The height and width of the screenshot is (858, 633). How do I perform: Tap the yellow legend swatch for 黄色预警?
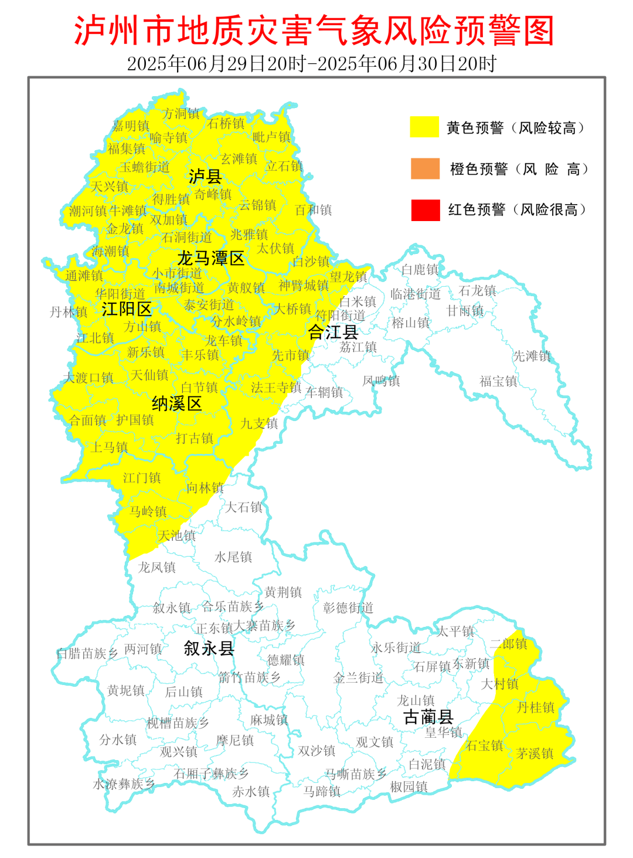tap(424, 127)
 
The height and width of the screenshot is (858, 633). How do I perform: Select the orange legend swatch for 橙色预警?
tap(425, 168)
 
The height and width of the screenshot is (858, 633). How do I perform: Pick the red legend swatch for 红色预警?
tap(425, 210)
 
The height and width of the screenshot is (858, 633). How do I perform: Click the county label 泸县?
tap(205, 176)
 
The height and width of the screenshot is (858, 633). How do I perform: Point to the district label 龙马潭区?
tap(210, 258)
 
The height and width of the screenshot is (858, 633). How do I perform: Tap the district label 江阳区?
tap(127, 309)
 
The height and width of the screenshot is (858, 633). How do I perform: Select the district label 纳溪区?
tap(176, 403)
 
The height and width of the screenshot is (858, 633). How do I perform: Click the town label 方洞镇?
tap(181, 114)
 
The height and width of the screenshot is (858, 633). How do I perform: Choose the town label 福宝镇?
tap(498, 381)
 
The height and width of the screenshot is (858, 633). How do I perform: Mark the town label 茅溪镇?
tap(535, 754)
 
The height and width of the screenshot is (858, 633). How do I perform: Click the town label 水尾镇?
tap(233, 557)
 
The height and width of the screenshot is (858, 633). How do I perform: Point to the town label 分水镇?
tap(118, 740)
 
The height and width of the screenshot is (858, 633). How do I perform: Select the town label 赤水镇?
tap(251, 791)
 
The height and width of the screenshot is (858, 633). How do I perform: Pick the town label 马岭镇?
tap(148, 511)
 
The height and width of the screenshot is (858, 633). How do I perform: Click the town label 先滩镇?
tap(531, 356)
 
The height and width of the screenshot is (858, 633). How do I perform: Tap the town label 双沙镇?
tap(316, 751)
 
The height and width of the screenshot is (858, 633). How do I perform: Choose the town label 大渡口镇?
tap(89, 378)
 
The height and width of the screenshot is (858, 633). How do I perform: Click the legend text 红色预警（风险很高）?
tap(517, 210)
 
